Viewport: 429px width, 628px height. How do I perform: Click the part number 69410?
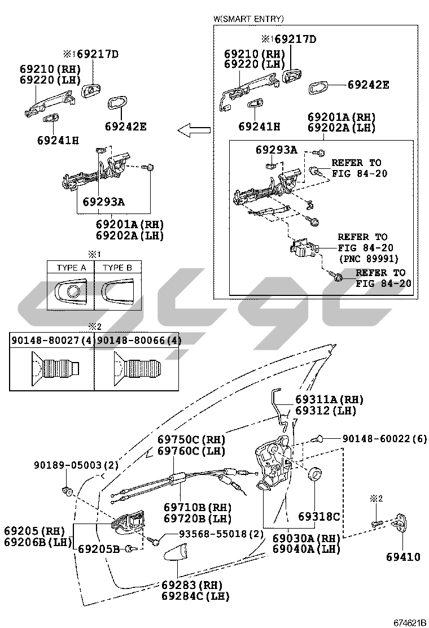tap(403, 557)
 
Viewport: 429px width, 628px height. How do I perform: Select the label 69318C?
tap(319, 516)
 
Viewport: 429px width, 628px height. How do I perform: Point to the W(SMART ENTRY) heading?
tap(248, 19)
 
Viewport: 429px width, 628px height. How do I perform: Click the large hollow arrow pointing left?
tap(194, 130)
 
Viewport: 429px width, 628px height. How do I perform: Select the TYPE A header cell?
tap(71, 268)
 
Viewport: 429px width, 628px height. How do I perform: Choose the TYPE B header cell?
tap(117, 268)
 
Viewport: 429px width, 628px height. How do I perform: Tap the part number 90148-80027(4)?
tap(52, 341)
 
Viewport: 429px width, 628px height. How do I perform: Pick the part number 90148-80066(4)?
tap(138, 341)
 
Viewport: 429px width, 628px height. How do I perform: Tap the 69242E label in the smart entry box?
tap(368, 85)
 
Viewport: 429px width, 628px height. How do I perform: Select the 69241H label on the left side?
tap(59, 140)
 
